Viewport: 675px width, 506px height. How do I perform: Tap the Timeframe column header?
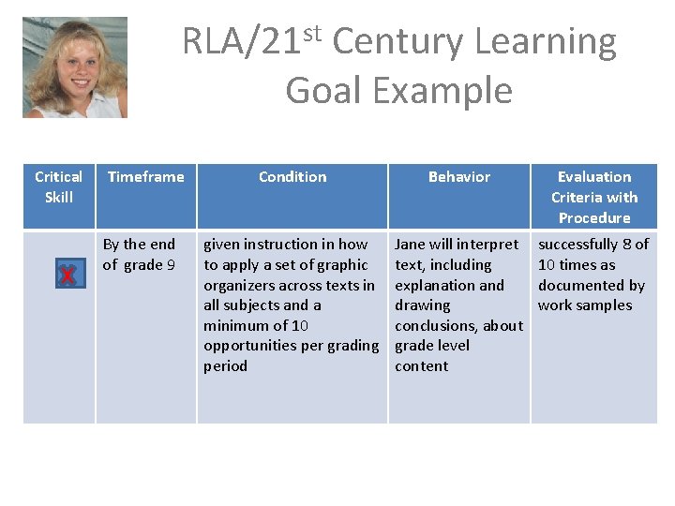tap(145, 176)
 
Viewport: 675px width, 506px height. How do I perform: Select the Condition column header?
tap(292, 176)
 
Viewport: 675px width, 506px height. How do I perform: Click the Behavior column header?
tap(459, 176)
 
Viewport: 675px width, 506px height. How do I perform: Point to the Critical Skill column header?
tap(58, 186)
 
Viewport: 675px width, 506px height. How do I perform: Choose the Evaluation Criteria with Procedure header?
tap(594, 197)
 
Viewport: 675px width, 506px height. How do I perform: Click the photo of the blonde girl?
tap(75, 67)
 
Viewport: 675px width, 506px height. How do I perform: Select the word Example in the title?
tap(442, 91)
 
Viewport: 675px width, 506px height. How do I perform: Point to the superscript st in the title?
tap(312, 33)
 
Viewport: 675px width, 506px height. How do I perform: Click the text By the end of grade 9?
tap(139, 254)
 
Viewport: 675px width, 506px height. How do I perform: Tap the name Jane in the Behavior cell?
tap(411, 245)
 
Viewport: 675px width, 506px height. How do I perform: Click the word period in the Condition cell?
tap(225, 365)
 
